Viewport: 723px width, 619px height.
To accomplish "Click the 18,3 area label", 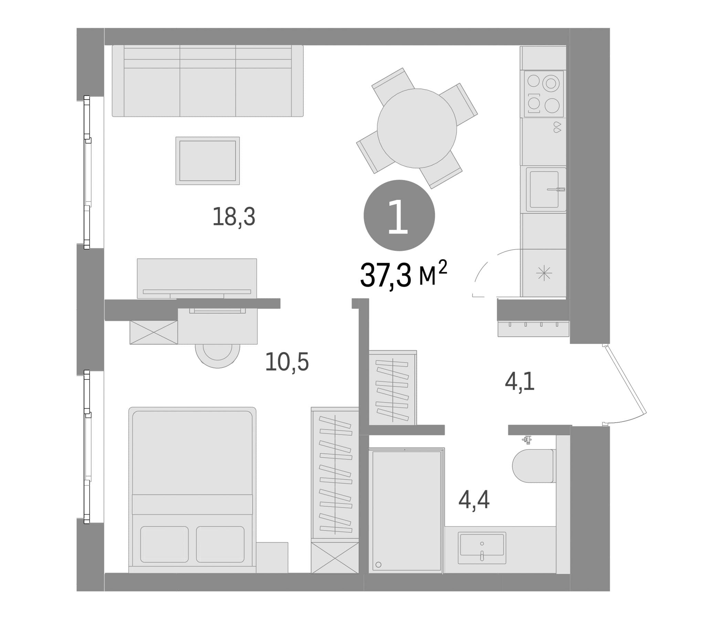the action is tap(234, 217).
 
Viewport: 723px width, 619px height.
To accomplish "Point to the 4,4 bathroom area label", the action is tap(474, 500).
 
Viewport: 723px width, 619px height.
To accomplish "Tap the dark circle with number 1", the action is tap(399, 215).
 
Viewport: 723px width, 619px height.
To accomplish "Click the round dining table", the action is tap(417, 128).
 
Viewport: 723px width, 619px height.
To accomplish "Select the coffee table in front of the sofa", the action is tap(208, 161).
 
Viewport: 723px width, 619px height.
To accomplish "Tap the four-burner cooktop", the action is tap(544, 94).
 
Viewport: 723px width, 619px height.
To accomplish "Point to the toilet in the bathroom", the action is tap(534, 466).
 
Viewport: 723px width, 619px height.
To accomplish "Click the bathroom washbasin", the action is tap(482, 548).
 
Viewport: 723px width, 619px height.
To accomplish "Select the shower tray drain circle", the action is tap(379, 565).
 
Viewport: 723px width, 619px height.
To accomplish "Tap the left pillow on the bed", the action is tap(164, 544).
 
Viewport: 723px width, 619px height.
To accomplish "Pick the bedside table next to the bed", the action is tap(272, 557).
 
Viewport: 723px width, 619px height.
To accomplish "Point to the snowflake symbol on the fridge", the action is tap(544, 273).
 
